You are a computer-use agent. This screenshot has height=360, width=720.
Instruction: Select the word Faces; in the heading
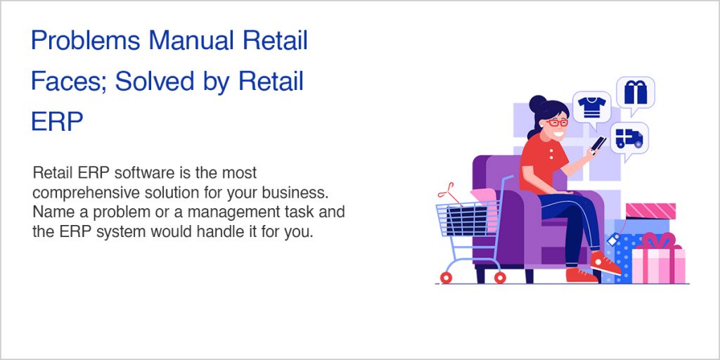coord(67,82)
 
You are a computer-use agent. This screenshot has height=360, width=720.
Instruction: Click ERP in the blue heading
coord(57,122)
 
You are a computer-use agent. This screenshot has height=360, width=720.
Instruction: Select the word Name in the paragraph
coord(50,212)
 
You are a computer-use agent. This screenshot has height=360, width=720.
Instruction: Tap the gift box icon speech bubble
coord(636,92)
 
